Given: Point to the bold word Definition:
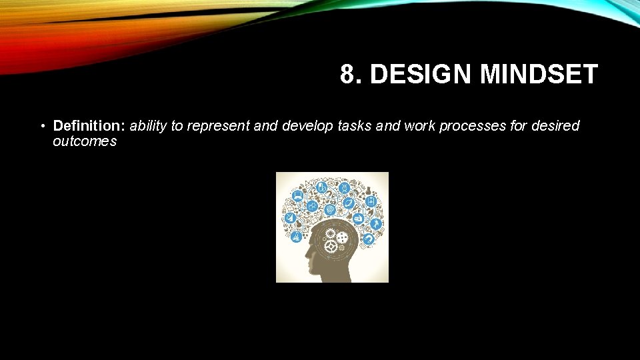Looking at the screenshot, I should [89, 126].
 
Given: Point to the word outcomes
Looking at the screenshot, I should [85, 141].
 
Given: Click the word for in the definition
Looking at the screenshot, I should [519, 126].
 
